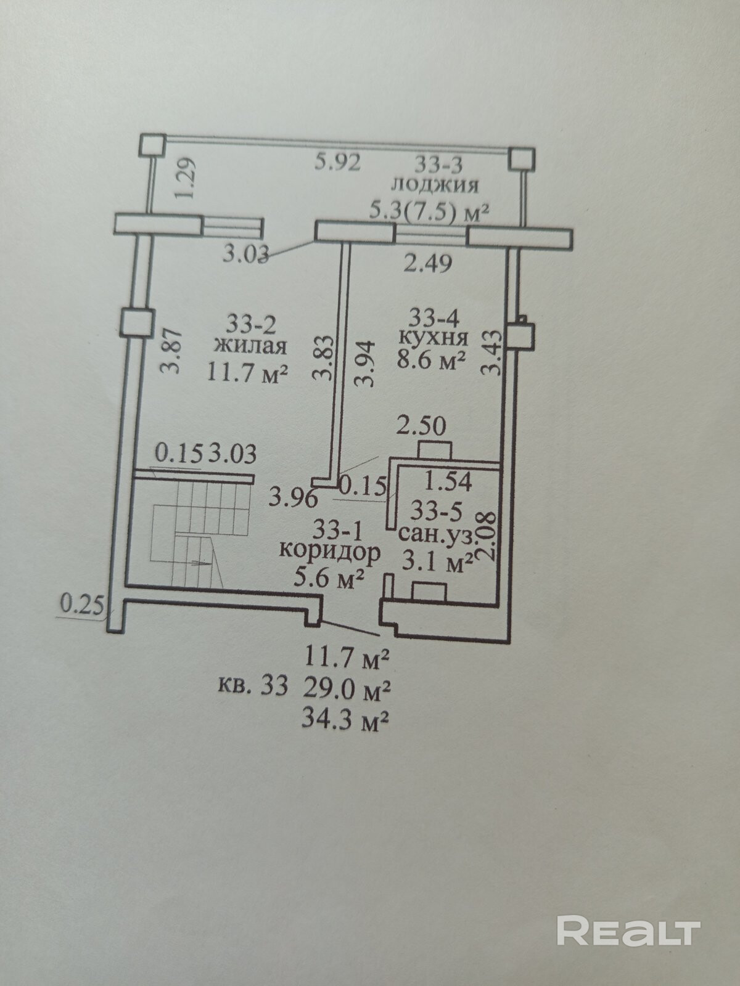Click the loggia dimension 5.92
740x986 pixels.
click(x=337, y=163)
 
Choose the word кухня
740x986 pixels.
click(x=434, y=338)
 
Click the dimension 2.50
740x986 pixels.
click(x=421, y=426)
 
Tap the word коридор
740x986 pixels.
click(x=329, y=552)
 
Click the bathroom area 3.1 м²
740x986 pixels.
click(x=437, y=562)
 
